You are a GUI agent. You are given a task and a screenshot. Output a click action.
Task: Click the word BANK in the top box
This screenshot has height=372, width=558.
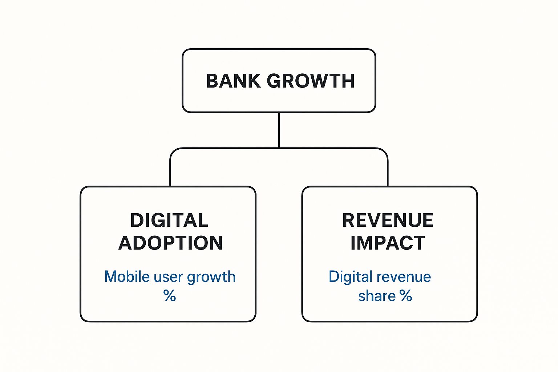pos(234,81)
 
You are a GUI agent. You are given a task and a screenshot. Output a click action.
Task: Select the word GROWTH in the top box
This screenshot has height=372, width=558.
pos(311,81)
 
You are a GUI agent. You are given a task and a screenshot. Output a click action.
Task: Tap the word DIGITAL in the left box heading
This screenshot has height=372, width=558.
pos(169,220)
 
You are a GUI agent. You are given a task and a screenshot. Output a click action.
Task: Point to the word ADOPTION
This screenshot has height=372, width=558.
pos(171,243)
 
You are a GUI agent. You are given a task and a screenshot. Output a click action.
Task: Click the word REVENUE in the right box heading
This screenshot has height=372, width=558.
pos(388,220)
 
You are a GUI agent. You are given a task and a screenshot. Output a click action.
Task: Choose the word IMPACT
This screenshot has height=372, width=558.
pos(388,243)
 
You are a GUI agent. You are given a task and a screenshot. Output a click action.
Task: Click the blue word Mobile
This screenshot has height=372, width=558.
pos(127,276)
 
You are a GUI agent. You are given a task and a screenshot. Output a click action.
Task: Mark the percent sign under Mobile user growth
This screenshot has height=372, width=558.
pos(170,295)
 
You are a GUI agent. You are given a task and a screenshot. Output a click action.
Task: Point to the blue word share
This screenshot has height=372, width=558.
pos(377,296)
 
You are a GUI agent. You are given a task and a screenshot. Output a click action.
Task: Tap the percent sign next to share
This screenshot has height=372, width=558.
pos(406,295)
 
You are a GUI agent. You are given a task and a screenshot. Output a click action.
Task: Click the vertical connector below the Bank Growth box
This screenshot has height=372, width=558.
pos(279,130)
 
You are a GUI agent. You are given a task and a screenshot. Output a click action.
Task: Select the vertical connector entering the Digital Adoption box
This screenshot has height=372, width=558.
pos(170,172)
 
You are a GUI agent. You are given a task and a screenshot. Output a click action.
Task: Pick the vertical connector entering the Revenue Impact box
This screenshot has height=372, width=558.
pos(388,172)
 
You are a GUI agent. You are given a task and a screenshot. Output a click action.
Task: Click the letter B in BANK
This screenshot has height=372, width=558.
pos(213,81)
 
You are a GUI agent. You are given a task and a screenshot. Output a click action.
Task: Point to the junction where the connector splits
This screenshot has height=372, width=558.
pos(279,148)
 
